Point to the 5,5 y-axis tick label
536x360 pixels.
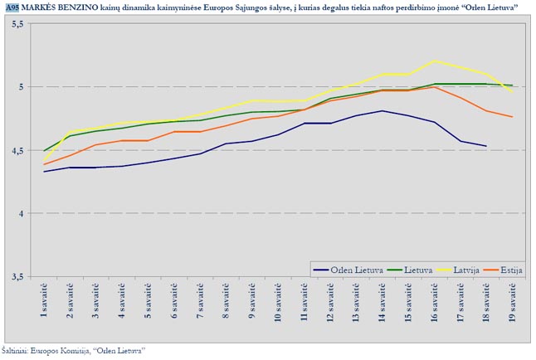click(x=17, y=23)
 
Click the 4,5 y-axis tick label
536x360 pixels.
click(x=17, y=150)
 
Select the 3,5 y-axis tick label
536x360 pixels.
click(x=17, y=277)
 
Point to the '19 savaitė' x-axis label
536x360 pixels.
click(x=512, y=306)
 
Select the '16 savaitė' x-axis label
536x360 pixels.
click(x=434, y=306)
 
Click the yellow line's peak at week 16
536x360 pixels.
click(x=434, y=61)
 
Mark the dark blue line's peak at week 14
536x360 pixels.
click(x=382, y=111)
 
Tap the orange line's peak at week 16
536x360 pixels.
click(x=434, y=87)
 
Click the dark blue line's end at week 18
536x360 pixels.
click(x=486, y=146)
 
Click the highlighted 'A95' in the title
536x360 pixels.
click(x=12, y=7)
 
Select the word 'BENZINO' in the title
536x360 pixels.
click(x=85, y=7)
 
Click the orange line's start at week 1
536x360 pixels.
click(x=44, y=164)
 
